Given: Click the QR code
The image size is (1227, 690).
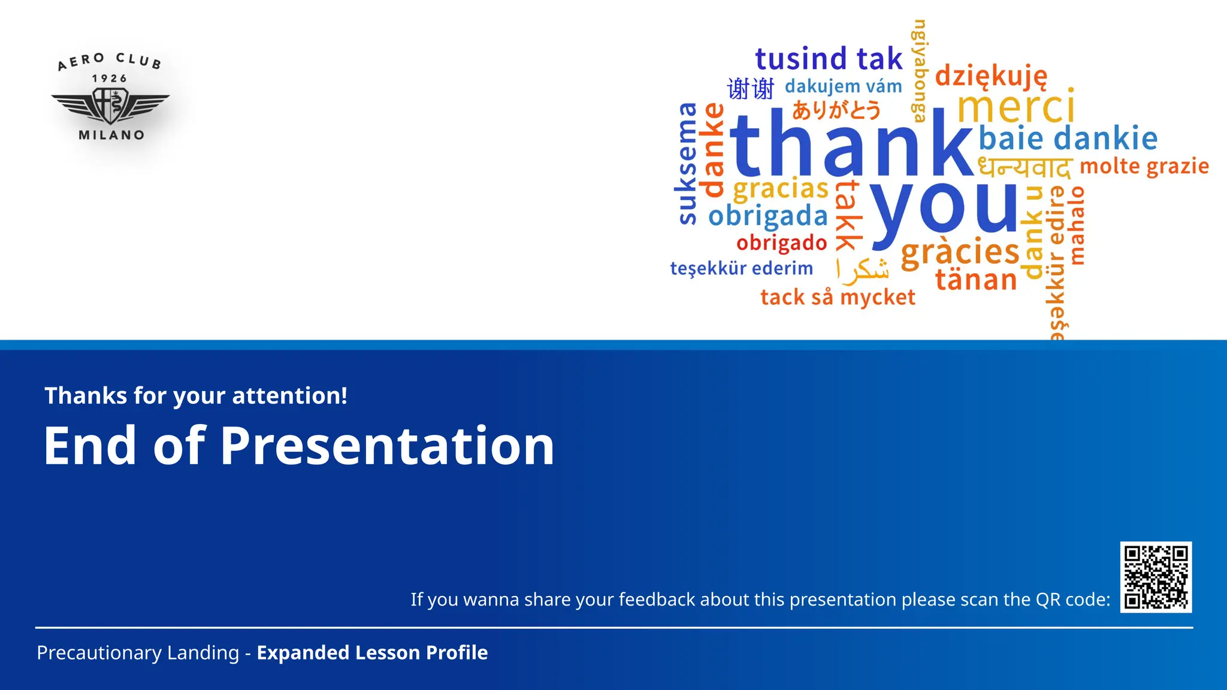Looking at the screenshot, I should (x=1156, y=577).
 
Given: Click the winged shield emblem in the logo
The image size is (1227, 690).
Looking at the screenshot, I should (x=110, y=105).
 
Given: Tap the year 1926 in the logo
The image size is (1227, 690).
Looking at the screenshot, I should (x=110, y=78).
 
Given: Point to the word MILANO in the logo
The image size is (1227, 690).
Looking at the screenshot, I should (x=111, y=135).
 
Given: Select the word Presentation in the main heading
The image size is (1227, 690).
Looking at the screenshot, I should (x=388, y=446).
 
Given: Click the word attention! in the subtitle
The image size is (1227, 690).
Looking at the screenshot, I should (x=289, y=396).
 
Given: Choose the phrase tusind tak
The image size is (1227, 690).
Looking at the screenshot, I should (x=829, y=59).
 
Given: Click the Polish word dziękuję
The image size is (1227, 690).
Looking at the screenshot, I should (x=991, y=77).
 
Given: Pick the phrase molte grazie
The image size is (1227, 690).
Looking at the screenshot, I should (x=1144, y=167).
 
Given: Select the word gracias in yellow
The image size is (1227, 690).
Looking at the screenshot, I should (x=781, y=189).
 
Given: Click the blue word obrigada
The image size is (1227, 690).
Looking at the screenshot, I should (x=768, y=216).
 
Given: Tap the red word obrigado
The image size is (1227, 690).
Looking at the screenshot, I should (x=782, y=243).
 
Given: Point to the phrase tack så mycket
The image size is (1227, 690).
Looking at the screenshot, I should (x=838, y=297).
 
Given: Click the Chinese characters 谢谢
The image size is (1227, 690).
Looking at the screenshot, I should (x=751, y=89).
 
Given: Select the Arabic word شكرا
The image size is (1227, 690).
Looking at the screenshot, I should (x=863, y=270).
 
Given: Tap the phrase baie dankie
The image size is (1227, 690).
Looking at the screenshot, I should (x=1068, y=138).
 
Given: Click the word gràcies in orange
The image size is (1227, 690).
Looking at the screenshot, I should (x=960, y=252).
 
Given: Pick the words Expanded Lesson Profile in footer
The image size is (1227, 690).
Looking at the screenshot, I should (x=372, y=653).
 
